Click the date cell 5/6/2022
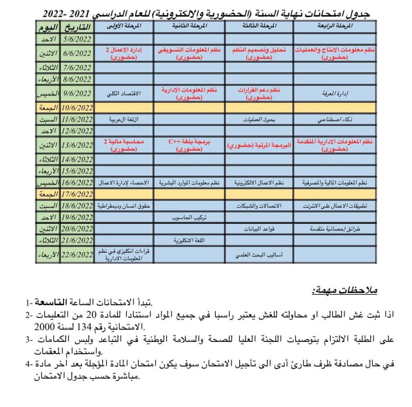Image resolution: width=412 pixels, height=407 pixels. [x=78, y=39]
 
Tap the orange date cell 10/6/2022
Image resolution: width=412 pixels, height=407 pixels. [x=78, y=107]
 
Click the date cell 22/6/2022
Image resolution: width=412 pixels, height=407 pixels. [x=78, y=255]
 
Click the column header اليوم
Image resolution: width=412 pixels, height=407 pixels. [x=48, y=28]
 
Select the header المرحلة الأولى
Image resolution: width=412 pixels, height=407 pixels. [x=124, y=27]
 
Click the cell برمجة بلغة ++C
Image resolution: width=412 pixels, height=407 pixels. [x=189, y=145]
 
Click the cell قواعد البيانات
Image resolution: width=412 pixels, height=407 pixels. [x=259, y=229]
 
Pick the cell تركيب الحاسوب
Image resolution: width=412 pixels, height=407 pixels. [x=189, y=217]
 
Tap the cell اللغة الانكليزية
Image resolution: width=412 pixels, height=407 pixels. [x=189, y=240]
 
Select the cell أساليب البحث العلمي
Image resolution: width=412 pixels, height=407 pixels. [x=259, y=255]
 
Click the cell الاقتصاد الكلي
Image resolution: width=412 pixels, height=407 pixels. [x=124, y=94]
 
